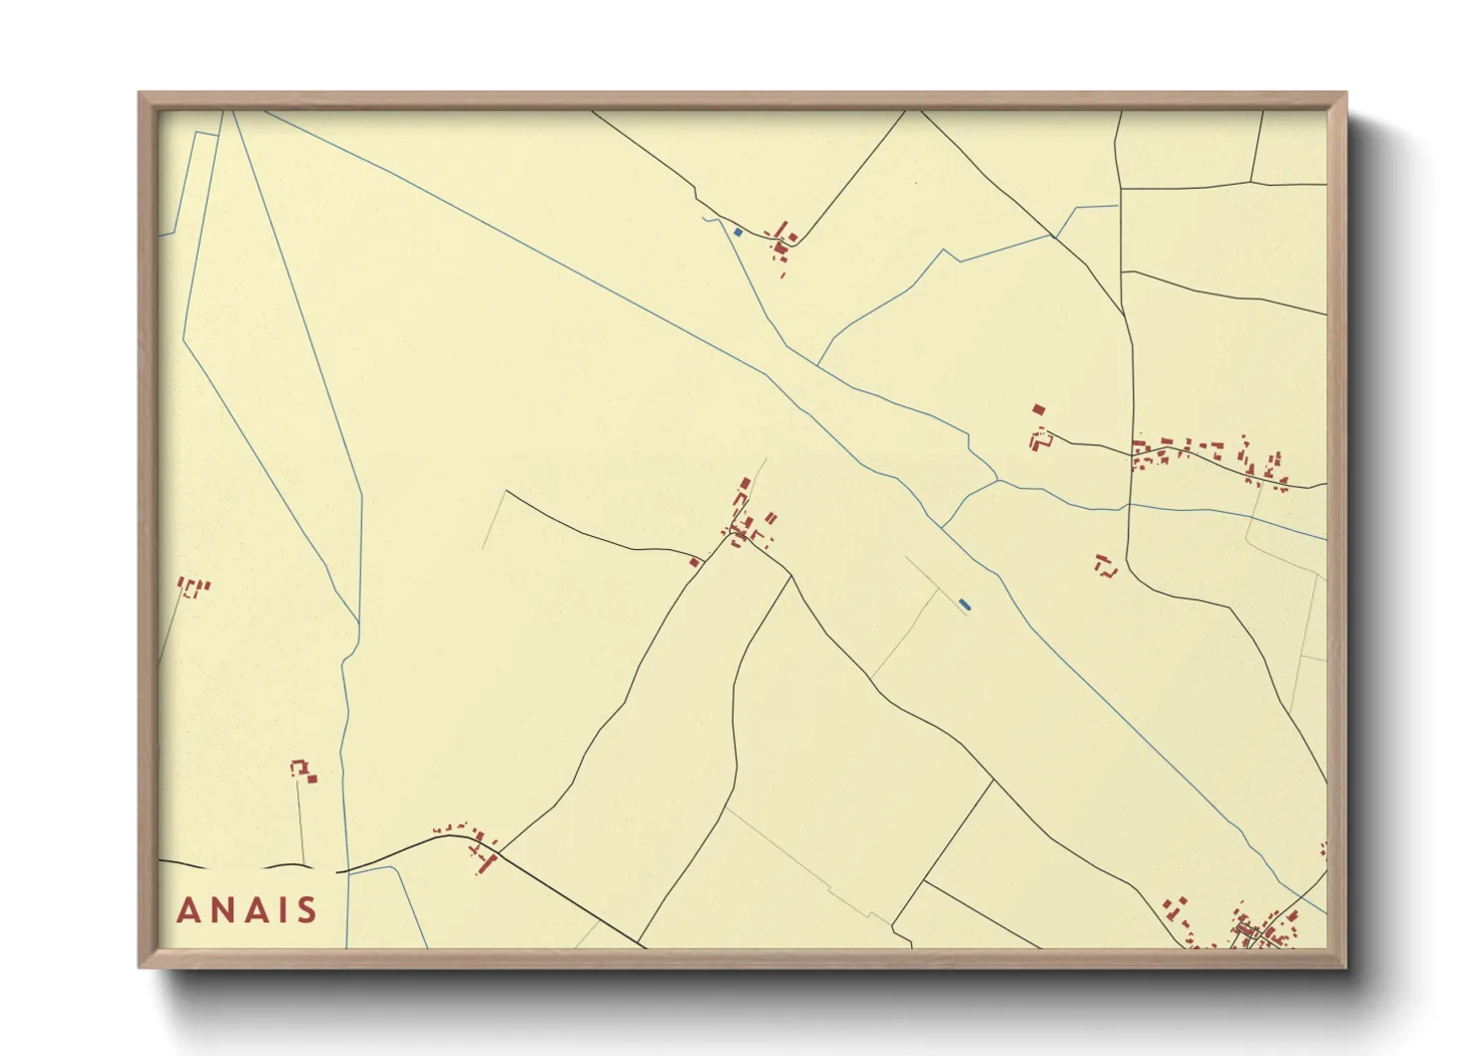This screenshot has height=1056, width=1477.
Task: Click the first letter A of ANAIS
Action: pyautogui.click(x=188, y=910)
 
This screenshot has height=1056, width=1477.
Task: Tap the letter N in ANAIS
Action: pyautogui.click(x=222, y=910)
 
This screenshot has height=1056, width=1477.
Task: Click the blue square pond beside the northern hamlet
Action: pyautogui.click(x=738, y=233)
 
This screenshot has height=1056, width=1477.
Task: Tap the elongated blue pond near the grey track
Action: pyautogui.click(x=964, y=604)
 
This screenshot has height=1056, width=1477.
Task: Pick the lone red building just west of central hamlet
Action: pyautogui.click(x=695, y=562)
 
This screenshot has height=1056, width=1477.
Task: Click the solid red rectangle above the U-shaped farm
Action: pyautogui.click(x=1038, y=409)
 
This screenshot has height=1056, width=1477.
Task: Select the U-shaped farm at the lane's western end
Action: pyautogui.click(x=1040, y=439)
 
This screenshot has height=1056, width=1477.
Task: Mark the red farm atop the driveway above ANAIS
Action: pyautogui.click(x=302, y=771)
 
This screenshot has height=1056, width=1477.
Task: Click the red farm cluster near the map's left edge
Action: pyautogui.click(x=193, y=586)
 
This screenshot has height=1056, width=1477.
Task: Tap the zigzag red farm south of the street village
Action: pyautogui.click(x=1104, y=565)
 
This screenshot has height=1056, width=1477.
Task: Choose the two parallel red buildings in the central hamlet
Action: pyautogui.click(x=770, y=519)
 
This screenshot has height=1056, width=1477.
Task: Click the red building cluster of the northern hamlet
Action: pyautogui.click(x=780, y=241)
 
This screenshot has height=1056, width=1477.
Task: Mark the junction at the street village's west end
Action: pyautogui.click(x=1133, y=455)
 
